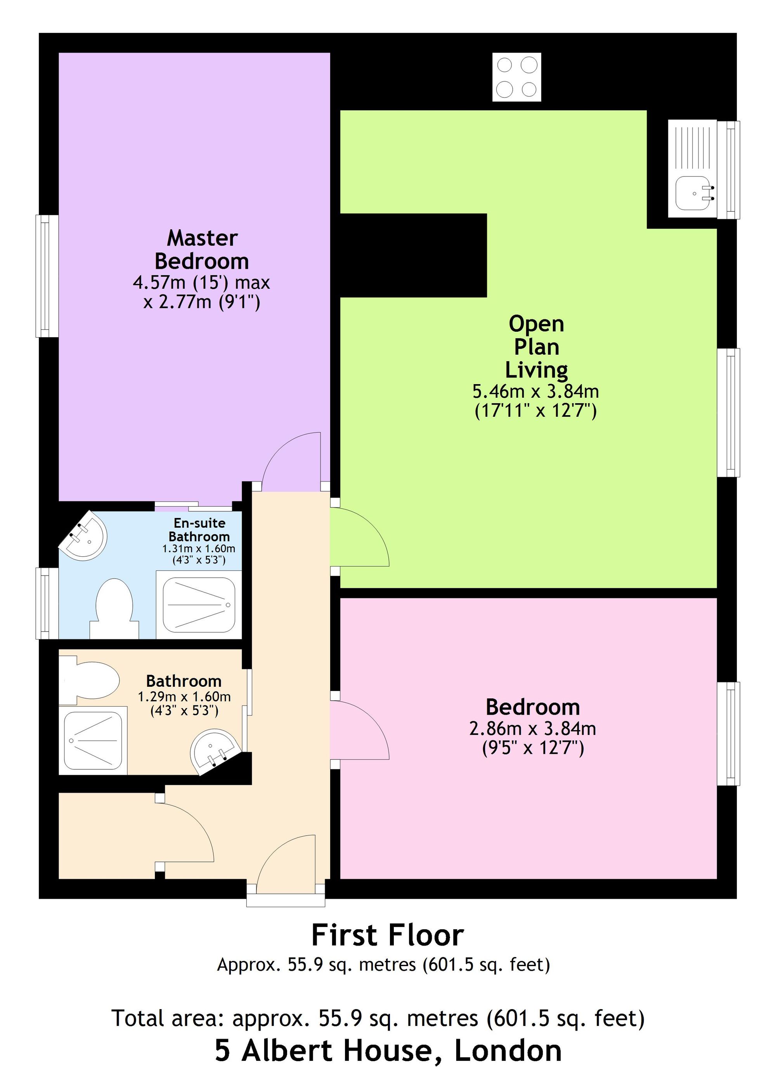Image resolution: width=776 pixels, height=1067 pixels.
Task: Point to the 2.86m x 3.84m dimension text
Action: coord(532,729)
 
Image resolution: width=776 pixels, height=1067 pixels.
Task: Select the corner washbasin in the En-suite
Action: coord(86,537)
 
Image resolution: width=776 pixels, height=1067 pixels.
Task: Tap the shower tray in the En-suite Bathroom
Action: coord(199,605)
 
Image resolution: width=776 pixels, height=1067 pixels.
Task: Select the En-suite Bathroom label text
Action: coord(199,530)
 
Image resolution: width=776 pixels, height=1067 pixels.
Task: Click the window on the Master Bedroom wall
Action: coord(47,276)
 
